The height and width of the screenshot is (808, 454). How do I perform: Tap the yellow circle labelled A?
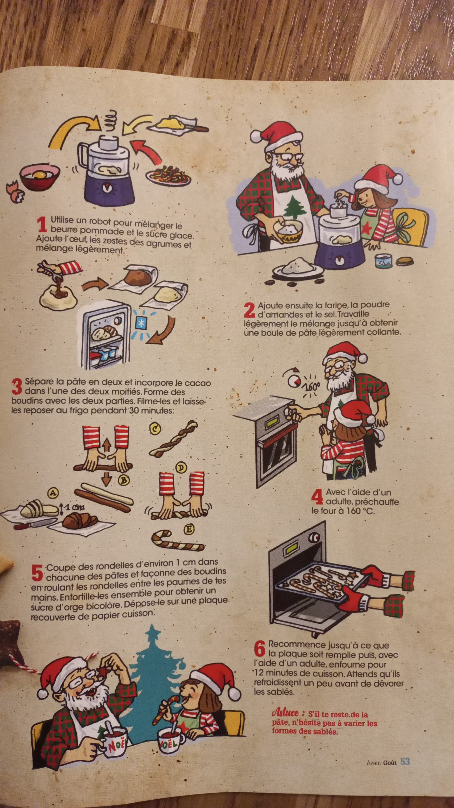coord(53,493)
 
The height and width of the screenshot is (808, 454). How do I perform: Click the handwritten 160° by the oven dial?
coord(311,386)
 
